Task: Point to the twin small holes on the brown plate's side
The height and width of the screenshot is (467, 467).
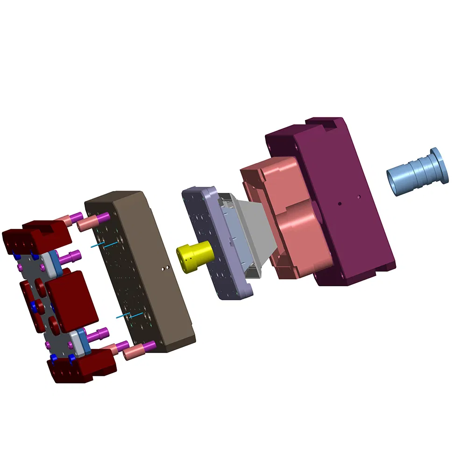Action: pyautogui.click(x=163, y=268)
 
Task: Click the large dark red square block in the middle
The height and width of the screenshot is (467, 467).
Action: pyautogui.click(x=70, y=299)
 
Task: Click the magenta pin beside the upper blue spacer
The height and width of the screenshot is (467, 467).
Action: pyautogui.click(x=70, y=255)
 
